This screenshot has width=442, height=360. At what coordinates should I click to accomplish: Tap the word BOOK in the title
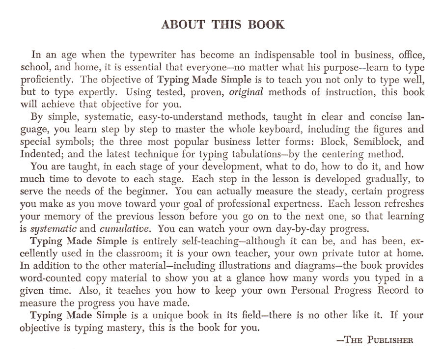point(267,24)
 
